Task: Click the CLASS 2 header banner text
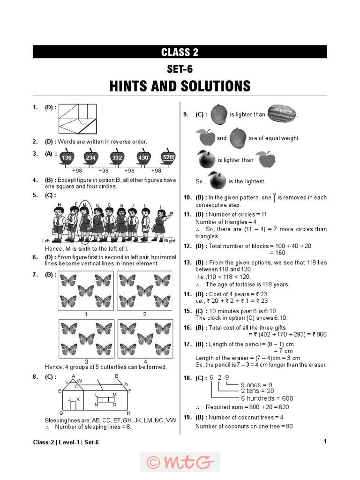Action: [x=180, y=52]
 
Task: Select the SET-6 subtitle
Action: [x=180, y=69]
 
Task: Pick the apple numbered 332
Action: [x=117, y=157]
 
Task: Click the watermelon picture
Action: [x=281, y=114]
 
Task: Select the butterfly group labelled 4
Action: [x=145, y=338]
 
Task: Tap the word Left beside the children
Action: [x=46, y=240]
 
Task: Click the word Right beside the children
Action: [x=170, y=241]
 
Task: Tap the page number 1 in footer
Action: [x=325, y=441]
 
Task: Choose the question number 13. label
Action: [x=187, y=262]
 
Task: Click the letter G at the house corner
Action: [x=61, y=413]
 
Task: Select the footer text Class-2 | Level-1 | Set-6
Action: [x=66, y=442]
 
